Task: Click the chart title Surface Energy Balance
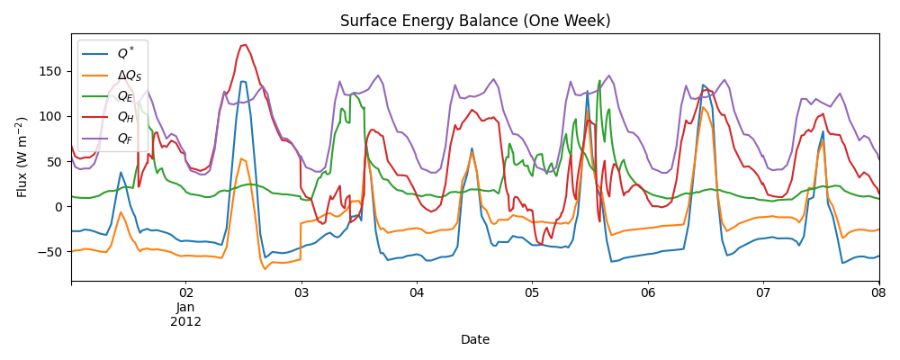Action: (475, 21)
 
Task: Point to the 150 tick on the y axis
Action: (52, 71)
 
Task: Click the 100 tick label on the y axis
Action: (52, 116)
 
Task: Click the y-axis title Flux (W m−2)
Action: (22, 157)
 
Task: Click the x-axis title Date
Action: (475, 339)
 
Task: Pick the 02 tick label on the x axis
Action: (186, 293)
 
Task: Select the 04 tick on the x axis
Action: (417, 293)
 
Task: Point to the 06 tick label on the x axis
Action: (648, 293)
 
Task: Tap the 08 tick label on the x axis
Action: (878, 293)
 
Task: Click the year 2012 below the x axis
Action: (186, 320)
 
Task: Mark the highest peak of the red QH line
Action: (245, 45)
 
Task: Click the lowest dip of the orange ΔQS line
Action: (265, 268)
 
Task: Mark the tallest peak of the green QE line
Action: (599, 81)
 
